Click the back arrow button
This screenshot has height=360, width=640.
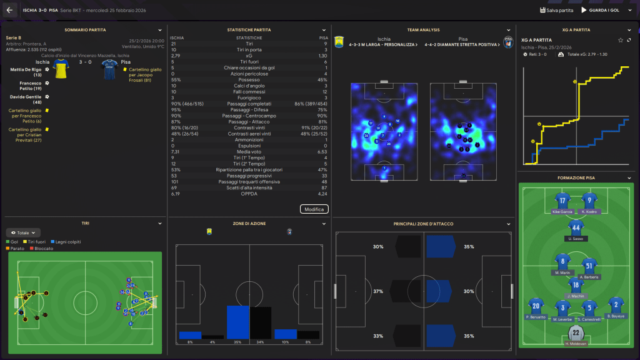9,10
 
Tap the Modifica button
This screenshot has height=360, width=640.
314,209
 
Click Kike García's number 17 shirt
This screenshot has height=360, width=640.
563,201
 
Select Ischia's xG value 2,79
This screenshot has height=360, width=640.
176,56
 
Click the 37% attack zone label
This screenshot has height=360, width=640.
378,291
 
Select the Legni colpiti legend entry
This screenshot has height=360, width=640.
68,242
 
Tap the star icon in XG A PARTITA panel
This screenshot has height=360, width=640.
620,40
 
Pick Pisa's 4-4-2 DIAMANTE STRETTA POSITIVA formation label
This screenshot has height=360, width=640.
461,45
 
